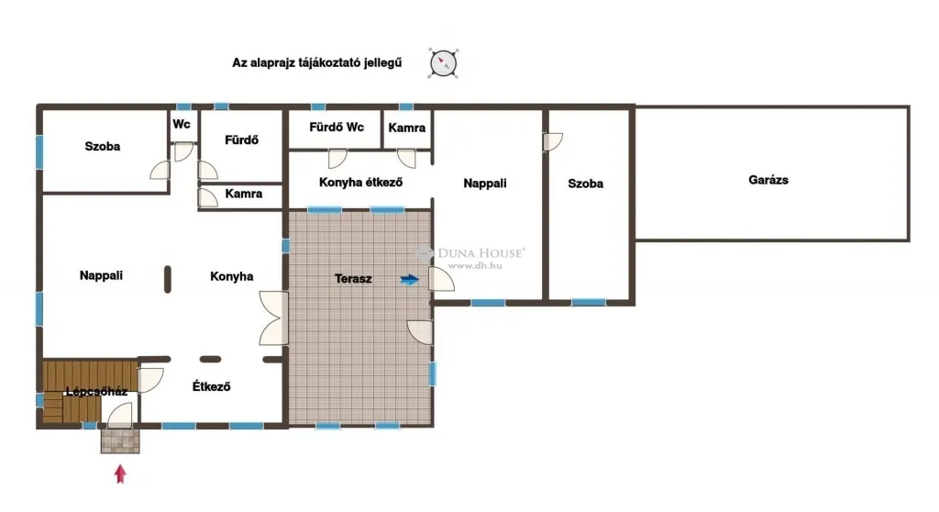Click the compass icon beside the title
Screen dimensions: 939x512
[443, 63]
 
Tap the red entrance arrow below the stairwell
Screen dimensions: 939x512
[120, 473]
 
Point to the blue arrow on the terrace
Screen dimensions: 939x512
[410, 279]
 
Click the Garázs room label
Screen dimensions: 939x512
[768, 180]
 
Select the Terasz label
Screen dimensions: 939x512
[353, 279]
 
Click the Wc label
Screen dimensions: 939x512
[182, 124]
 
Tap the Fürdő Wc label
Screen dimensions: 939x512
[337, 128]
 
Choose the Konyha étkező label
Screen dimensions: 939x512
[360, 183]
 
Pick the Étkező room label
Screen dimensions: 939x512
[212, 386]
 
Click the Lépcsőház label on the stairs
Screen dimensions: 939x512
[96, 392]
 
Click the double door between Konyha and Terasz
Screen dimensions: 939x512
[273, 317]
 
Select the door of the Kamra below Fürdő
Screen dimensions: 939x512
[208, 197]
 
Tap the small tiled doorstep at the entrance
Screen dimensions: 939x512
[120, 440]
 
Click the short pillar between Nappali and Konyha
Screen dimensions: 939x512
[168, 279]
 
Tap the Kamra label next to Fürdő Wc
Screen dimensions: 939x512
[406, 128]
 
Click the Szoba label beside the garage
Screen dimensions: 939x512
[586, 184]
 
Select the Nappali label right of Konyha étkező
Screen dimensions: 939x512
[485, 184]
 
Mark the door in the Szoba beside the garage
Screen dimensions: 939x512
[553, 142]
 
